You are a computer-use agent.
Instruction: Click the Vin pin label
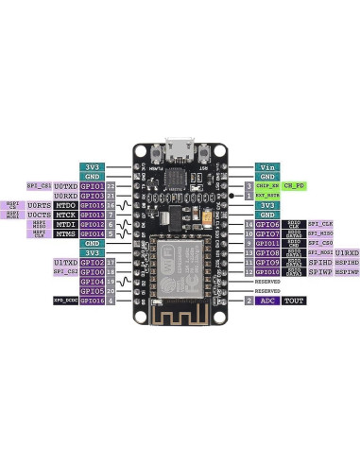click(267, 166)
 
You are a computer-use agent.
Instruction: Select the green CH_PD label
click(295, 186)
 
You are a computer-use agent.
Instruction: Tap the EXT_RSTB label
click(267, 196)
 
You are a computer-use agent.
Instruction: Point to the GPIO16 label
click(92, 301)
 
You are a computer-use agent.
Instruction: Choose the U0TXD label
click(65, 186)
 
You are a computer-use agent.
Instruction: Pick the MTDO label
click(65, 205)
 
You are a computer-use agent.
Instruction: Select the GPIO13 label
click(92, 215)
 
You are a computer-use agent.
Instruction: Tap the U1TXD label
click(65, 262)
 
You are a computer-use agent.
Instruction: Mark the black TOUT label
click(294, 301)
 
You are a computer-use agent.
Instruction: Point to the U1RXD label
click(347, 252)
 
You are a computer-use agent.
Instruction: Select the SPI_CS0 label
click(320, 243)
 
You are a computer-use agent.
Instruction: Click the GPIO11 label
click(267, 243)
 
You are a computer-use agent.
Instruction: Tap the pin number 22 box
click(111, 186)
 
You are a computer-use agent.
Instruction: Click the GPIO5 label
click(92, 291)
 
